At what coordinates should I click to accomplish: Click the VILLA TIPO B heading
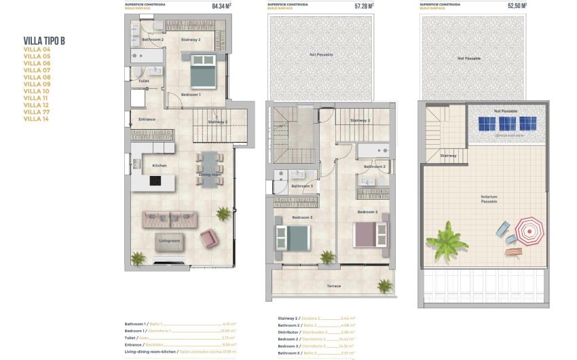44,41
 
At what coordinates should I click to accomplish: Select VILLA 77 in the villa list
37,112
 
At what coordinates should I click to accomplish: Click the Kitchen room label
160,166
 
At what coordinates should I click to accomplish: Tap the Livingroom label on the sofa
169,240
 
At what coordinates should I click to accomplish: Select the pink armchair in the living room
209,238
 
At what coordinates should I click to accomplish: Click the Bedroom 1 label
190,94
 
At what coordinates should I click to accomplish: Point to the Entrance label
147,120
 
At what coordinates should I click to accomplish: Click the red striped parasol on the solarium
529,231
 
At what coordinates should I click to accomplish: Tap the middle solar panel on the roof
506,124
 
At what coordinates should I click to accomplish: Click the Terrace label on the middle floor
334,286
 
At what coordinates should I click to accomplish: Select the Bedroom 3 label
302,217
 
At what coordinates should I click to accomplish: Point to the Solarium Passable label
489,199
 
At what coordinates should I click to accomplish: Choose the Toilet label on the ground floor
143,81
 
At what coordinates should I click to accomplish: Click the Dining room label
210,175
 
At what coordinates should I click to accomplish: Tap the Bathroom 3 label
302,185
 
